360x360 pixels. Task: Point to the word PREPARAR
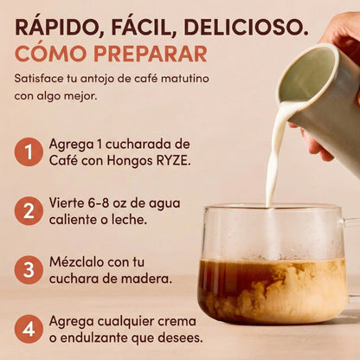point(151,54)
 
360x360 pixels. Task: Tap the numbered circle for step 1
point(29,151)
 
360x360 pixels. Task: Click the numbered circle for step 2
point(29,211)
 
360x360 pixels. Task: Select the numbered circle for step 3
point(29,270)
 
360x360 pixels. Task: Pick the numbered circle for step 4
point(29,329)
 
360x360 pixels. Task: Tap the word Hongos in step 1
point(130,162)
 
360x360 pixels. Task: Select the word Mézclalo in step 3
point(76,262)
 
